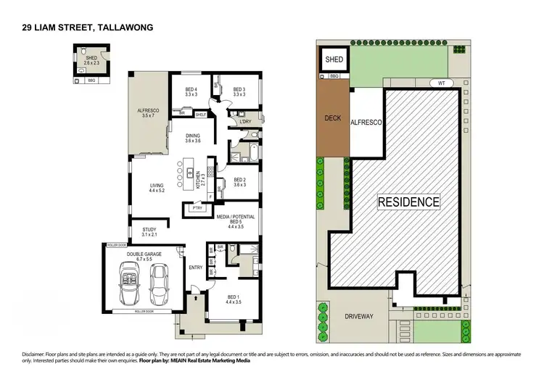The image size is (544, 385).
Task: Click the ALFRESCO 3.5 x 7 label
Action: click(148, 113)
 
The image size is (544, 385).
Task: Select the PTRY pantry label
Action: click(197, 208)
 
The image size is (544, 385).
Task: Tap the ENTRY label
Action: click(196, 268)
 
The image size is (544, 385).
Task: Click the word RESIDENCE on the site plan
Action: click(408, 202)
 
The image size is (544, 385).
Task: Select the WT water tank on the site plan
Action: click(440, 83)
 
